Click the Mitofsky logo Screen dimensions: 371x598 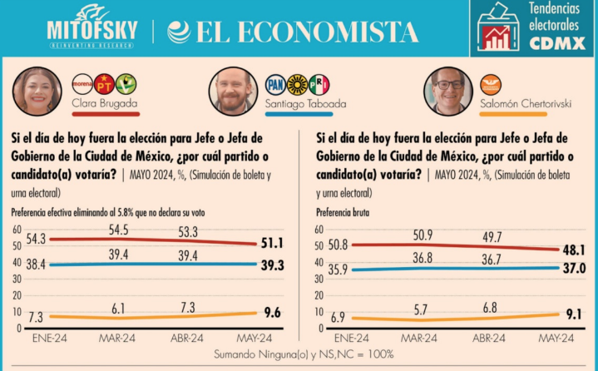(x=91, y=27)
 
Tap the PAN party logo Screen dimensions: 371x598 (x=275, y=84)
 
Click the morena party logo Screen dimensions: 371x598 (x=82, y=83)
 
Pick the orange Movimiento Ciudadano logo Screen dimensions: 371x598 (x=492, y=84)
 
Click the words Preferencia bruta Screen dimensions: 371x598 (x=345, y=212)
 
